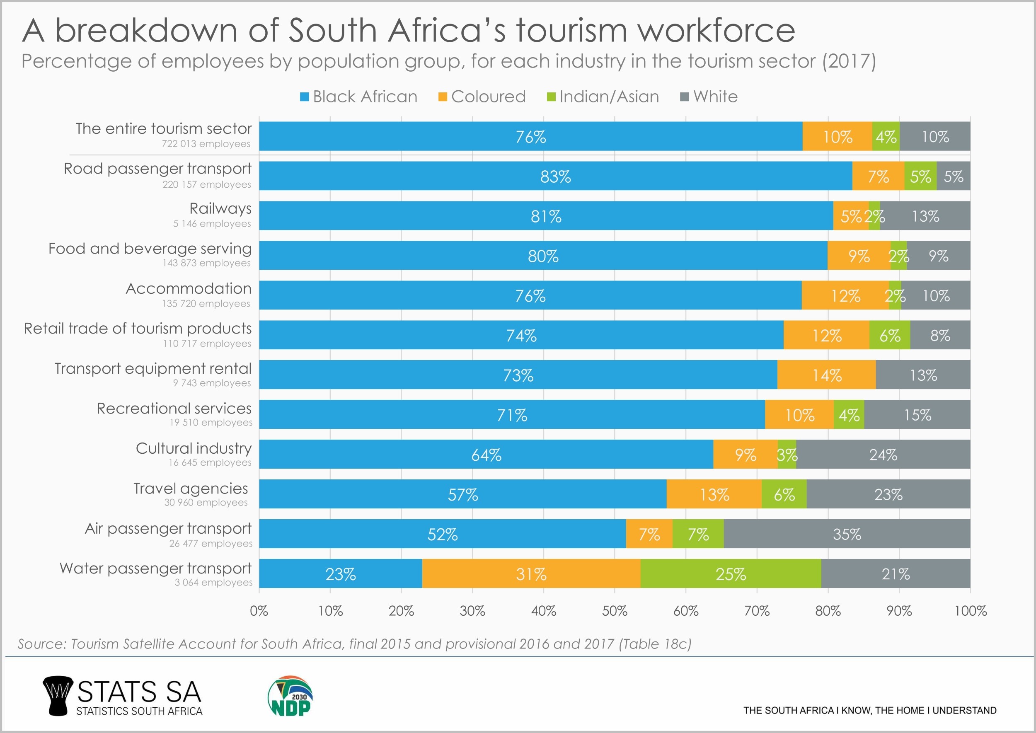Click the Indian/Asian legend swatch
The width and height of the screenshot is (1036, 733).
[551, 97]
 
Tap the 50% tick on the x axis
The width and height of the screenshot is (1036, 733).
[615, 611]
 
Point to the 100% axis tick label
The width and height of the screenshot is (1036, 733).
[970, 611]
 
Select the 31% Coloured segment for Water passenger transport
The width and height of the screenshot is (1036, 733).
[531, 573]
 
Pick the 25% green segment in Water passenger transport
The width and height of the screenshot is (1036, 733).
[731, 573]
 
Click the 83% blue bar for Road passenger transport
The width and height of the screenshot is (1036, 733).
[555, 176]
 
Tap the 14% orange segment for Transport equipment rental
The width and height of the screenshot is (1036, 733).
[827, 375]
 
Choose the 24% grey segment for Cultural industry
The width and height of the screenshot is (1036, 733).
[883, 455]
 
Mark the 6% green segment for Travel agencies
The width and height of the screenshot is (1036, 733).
[784, 494]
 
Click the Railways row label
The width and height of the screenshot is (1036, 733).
[220, 208]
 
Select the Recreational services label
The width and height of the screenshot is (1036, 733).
[174, 409]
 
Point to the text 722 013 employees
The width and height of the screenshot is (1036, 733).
[206, 144]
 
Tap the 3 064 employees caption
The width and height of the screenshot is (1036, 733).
[213, 583]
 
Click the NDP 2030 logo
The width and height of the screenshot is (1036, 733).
[290, 696]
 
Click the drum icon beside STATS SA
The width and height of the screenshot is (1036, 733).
[57, 696]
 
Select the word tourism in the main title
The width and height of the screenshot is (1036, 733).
[572, 31]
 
